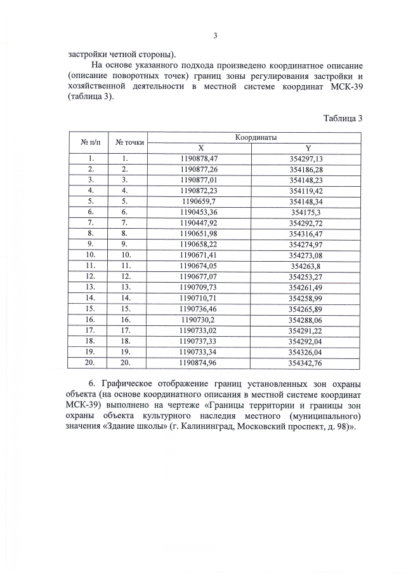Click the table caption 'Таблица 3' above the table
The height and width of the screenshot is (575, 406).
pyautogui.click(x=343, y=119)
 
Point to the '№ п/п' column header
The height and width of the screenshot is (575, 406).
pyautogui.click(x=88, y=142)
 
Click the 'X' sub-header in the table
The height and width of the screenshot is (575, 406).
pyautogui.click(x=199, y=147)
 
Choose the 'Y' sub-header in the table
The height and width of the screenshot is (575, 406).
pyautogui.click(x=306, y=147)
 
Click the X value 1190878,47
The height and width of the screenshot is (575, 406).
pyautogui.click(x=199, y=158)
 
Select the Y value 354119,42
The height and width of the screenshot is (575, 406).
pyautogui.click(x=306, y=190)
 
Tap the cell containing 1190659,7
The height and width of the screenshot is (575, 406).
pyautogui.click(x=199, y=201)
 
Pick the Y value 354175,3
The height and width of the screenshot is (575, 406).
pyautogui.click(x=306, y=212)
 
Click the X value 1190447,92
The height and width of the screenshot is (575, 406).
pyautogui.click(x=199, y=222)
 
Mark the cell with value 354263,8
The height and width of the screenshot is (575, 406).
pyautogui.click(x=306, y=266)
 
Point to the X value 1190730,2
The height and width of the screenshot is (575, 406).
pyautogui.click(x=199, y=320)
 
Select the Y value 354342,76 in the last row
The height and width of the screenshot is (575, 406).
pyautogui.click(x=306, y=363)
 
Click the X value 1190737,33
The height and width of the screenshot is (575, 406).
pyautogui.click(x=199, y=341)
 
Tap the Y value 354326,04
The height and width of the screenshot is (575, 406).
pyautogui.click(x=306, y=352)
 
